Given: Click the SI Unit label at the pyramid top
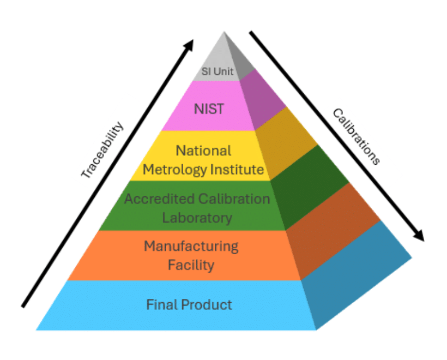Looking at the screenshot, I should click(216, 71).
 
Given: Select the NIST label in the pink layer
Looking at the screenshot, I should click(209, 108).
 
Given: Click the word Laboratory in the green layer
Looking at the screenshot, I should click(197, 218).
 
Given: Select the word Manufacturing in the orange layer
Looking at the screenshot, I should click(191, 246).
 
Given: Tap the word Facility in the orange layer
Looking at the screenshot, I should click(190, 266).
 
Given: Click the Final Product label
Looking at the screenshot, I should click(189, 304).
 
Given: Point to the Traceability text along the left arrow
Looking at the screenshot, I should click(102, 151).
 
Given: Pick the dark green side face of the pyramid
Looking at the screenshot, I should click(307, 185).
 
